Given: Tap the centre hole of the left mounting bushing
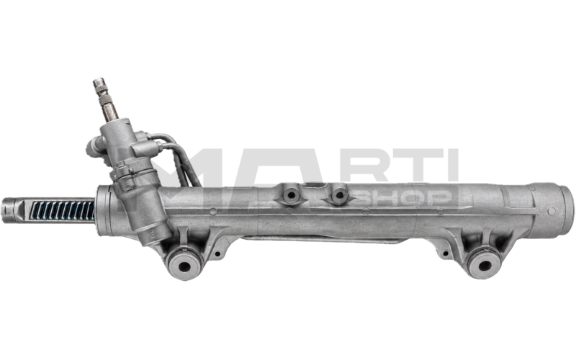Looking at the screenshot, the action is click(184, 266).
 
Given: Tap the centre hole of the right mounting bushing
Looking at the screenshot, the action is click(484, 266).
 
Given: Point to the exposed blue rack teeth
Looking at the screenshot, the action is click(62, 210).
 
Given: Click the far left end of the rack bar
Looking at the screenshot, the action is click(4, 210).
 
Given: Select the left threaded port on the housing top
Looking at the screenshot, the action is click(292, 195).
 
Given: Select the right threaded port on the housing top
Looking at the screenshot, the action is click(339, 195).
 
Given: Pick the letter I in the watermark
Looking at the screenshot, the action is click(452, 165).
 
